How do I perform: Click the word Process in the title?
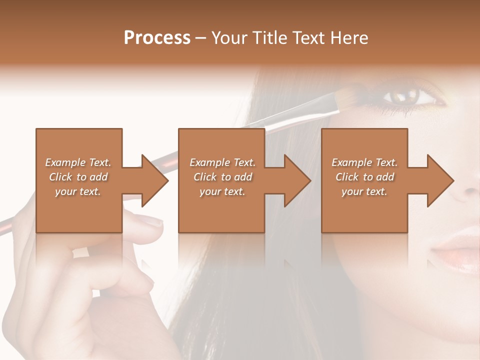pyautogui.click(x=157, y=38)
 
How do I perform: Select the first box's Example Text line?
pyautogui.click(x=78, y=162)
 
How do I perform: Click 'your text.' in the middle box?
pyautogui.click(x=222, y=191)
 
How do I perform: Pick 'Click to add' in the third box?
pyautogui.click(x=364, y=177)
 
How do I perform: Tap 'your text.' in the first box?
pyautogui.click(x=78, y=191)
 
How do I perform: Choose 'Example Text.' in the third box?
pyautogui.click(x=364, y=162)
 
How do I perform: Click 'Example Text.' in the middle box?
pyautogui.click(x=222, y=162)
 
